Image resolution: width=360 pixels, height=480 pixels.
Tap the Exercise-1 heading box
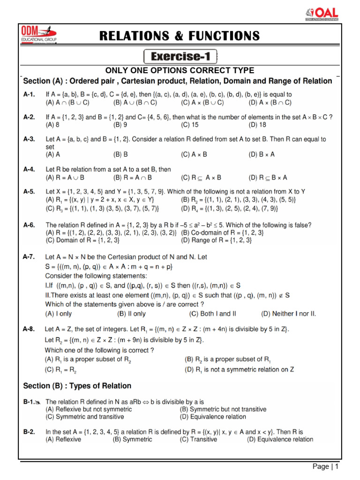[x=180, y=57]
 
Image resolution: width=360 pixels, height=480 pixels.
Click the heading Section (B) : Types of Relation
[x=77, y=386]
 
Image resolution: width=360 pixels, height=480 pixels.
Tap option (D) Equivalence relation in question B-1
[x=213, y=417]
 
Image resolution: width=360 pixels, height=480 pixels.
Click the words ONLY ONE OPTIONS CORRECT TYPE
[x=180, y=71]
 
